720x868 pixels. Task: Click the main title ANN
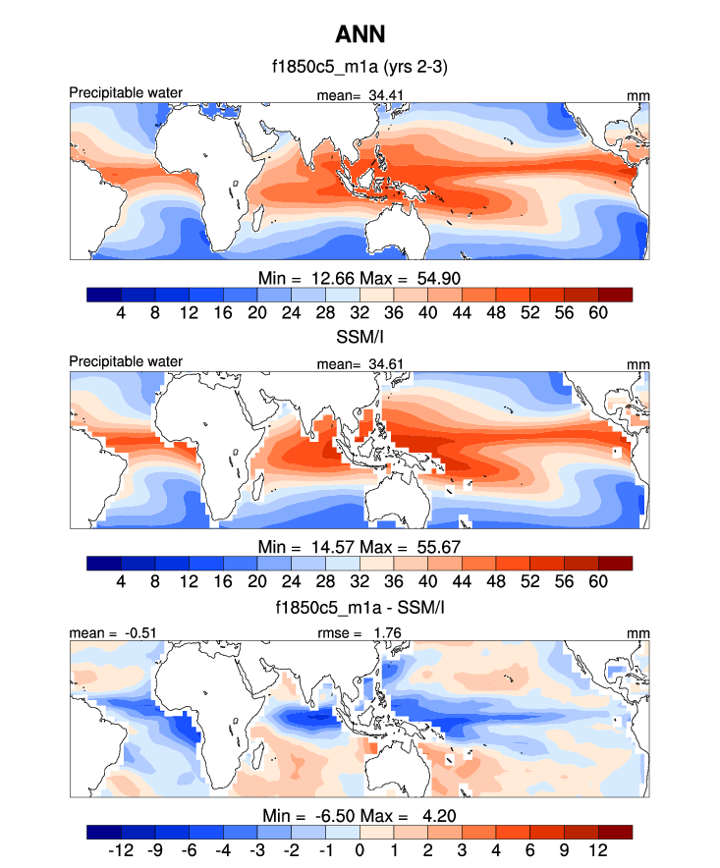click(x=360, y=35)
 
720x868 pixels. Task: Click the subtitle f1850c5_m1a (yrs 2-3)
click(x=360, y=68)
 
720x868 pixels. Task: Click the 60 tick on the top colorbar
click(x=598, y=312)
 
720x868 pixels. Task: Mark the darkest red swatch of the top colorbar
click(x=615, y=294)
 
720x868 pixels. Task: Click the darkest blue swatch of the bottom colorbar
click(x=104, y=832)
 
